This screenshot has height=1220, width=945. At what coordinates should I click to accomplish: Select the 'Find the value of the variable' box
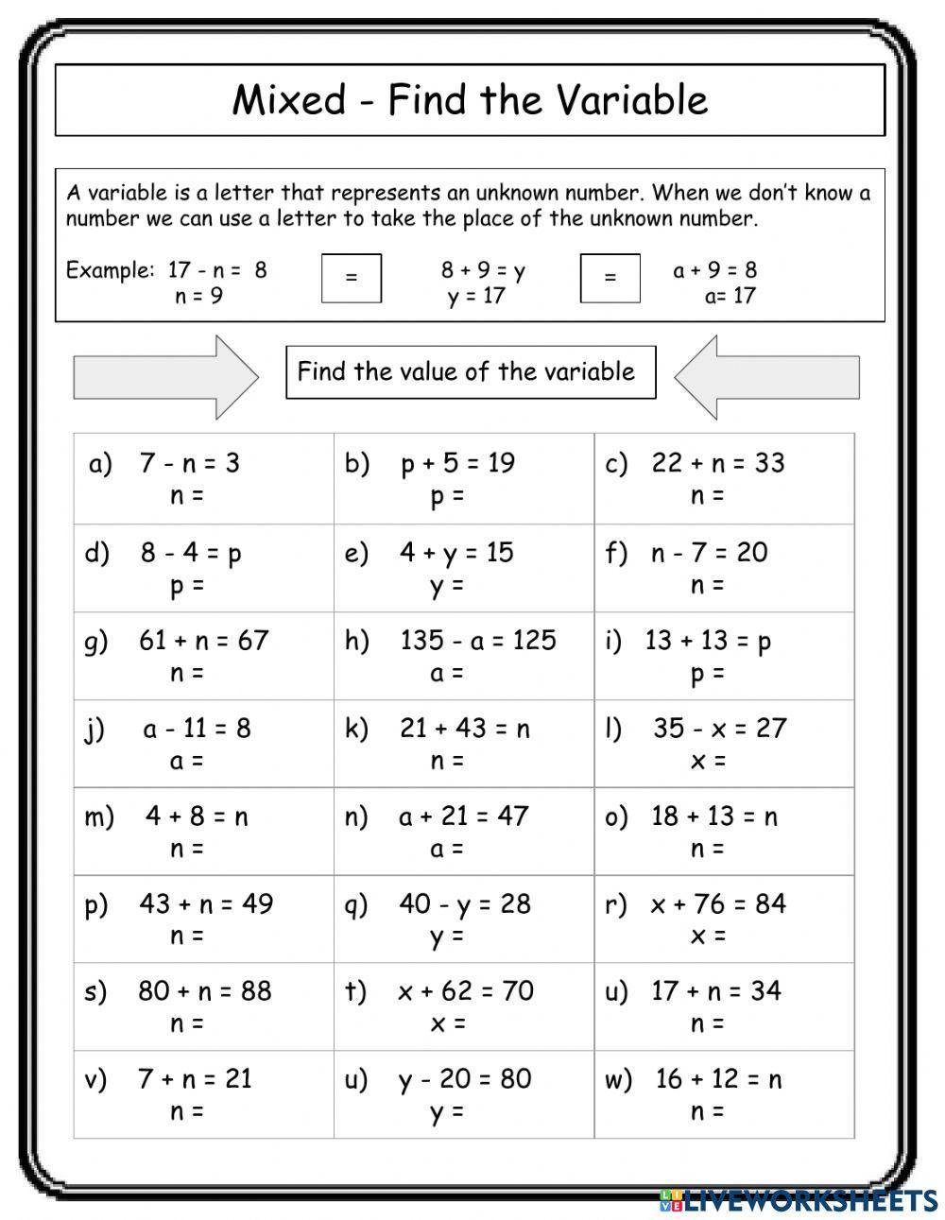pos(470,371)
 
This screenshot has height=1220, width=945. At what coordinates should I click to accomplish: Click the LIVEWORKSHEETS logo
pos(798,1201)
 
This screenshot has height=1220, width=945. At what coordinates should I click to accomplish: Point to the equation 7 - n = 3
pos(189,463)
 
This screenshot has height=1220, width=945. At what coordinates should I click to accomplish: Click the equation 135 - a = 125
pos(477,640)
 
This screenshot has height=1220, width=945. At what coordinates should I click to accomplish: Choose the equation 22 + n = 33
pos(717,463)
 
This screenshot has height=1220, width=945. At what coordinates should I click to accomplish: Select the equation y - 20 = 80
pos(464,1078)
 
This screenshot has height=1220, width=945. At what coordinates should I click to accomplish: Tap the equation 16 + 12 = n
pos(718,1078)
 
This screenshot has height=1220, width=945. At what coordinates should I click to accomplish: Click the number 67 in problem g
pos(253,640)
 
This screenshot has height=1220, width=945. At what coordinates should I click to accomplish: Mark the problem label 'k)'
pos(356,729)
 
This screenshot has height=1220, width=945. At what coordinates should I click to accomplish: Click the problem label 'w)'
pos(618,1079)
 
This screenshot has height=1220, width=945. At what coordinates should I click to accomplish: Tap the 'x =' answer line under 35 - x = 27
pos(707,760)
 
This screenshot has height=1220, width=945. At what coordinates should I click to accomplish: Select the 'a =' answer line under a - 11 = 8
pos(186,760)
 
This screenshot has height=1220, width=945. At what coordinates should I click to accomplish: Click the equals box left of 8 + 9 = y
pos(352,278)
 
